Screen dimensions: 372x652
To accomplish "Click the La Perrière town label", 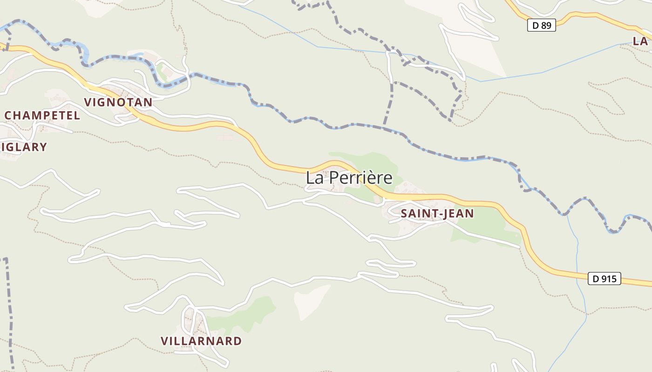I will (349, 178).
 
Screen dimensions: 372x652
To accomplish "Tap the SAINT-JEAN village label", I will (437, 213).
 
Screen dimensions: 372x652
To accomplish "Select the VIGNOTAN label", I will (118, 102).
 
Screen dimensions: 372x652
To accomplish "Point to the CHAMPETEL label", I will (42, 115).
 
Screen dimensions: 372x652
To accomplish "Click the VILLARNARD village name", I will (201, 341).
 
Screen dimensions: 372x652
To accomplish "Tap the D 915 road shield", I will (604, 279).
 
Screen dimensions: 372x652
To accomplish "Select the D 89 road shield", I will (542, 25).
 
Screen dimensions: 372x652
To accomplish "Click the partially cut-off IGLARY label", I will (24, 147).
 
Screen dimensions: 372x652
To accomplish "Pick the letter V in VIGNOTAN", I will (87, 102).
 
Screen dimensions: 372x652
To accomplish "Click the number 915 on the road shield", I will (609, 279).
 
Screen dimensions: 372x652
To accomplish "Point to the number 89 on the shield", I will (546, 25).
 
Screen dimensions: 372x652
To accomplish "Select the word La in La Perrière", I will (314, 178).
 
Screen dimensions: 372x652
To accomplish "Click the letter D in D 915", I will (596, 279).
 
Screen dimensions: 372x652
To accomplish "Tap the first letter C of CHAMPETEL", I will (8, 115).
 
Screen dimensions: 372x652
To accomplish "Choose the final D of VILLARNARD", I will (238, 341).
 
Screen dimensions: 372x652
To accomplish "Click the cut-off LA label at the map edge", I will (641, 40).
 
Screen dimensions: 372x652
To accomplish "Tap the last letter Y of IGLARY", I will (43, 147).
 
